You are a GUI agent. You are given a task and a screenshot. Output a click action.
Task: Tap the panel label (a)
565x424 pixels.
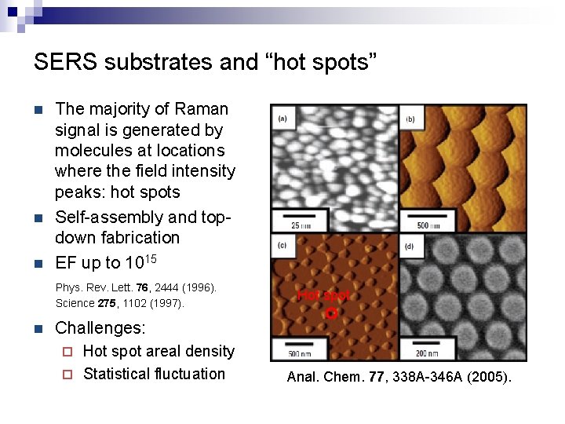pyautogui.click(x=282, y=119)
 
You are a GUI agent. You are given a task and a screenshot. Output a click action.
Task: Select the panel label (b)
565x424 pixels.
pyautogui.click(x=410, y=119)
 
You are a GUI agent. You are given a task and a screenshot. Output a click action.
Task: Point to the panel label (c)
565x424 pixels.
pyautogui.click(x=282, y=244)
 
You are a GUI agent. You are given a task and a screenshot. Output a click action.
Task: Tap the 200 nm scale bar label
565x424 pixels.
pyautogui.click(x=426, y=353)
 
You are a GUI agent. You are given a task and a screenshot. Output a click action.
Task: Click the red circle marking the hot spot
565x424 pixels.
pyautogui.click(x=331, y=313)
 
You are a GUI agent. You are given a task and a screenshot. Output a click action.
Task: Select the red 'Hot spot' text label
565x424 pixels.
pyautogui.click(x=323, y=296)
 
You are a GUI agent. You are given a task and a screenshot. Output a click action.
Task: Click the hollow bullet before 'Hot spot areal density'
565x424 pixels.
pyautogui.click(x=67, y=352)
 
